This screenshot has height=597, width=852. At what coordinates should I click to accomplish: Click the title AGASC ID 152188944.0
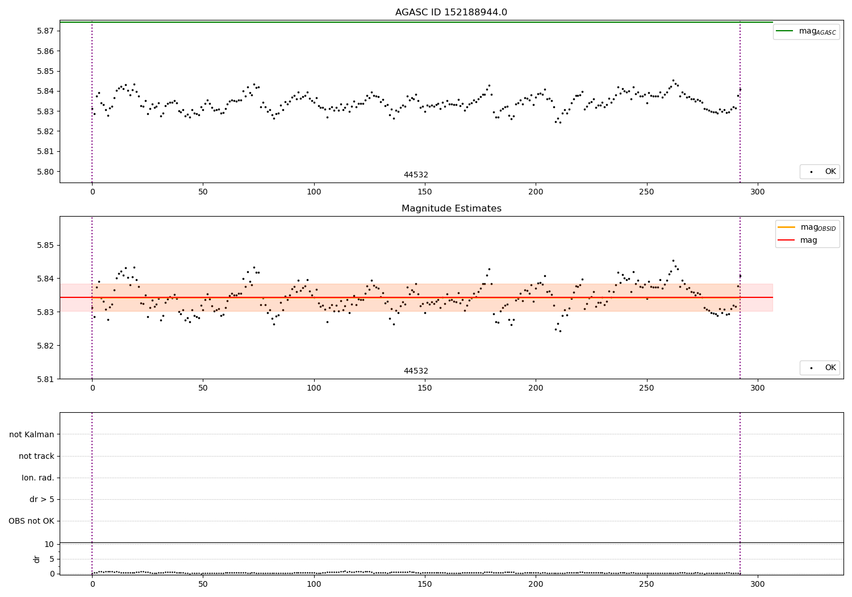[451, 13]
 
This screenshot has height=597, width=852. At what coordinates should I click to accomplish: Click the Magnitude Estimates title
[451, 209]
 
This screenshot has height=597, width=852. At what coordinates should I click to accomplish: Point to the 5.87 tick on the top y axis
[45, 31]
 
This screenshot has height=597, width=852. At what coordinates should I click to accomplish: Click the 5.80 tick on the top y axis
[45, 172]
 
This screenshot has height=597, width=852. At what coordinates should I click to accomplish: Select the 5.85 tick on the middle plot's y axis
[45, 246]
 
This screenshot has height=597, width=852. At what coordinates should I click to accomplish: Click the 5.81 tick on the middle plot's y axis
[45, 379]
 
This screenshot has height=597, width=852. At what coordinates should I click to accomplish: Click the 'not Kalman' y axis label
[32, 434]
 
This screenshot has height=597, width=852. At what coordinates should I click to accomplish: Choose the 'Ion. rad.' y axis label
[38, 478]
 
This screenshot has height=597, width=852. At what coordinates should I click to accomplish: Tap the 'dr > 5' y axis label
[41, 500]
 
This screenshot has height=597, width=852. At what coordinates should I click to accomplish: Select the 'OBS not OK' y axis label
[31, 521]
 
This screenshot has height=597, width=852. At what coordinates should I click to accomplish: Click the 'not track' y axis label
[36, 457]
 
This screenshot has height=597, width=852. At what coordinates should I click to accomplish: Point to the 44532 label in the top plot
[416, 175]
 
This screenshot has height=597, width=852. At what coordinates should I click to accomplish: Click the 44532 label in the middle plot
[416, 371]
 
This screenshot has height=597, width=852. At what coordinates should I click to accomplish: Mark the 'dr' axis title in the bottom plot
[37, 559]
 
